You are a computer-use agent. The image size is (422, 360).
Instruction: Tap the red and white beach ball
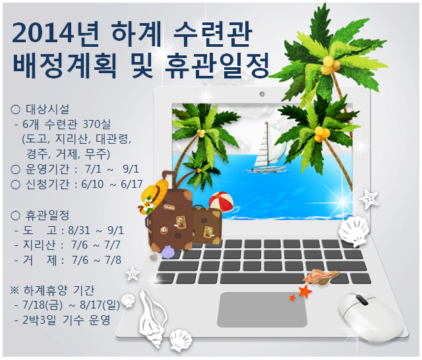pyautogui.click(x=222, y=202)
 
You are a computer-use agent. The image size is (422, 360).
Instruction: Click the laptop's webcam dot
pyautogui.click(x=262, y=94)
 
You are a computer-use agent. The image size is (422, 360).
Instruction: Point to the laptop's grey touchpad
pyautogui.click(x=262, y=309)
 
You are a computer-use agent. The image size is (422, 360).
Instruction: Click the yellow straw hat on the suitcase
pyautogui.click(x=154, y=195)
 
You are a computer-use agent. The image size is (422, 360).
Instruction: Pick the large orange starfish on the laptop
pyautogui.click(x=305, y=291)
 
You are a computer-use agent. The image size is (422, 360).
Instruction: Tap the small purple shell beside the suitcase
pyautogui.click(x=168, y=252)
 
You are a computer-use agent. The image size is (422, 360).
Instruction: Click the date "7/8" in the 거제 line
pyautogui.click(x=113, y=260)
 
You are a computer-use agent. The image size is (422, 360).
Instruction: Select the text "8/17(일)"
pyautogui.click(x=100, y=305)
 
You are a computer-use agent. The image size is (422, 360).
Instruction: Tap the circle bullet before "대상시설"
pyautogui.click(x=16, y=109)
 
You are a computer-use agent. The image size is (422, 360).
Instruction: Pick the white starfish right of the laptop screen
pyautogui.click(x=369, y=198)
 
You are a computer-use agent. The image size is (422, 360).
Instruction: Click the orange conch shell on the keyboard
pyautogui.click(x=322, y=278)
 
